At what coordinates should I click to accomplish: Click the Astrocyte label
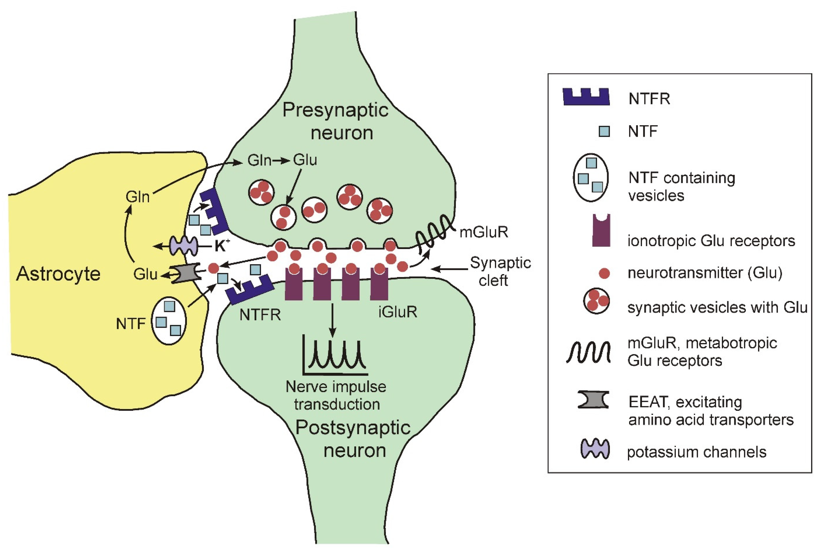pos(58,274)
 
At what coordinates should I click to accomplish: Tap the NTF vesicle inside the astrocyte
pos(169,320)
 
